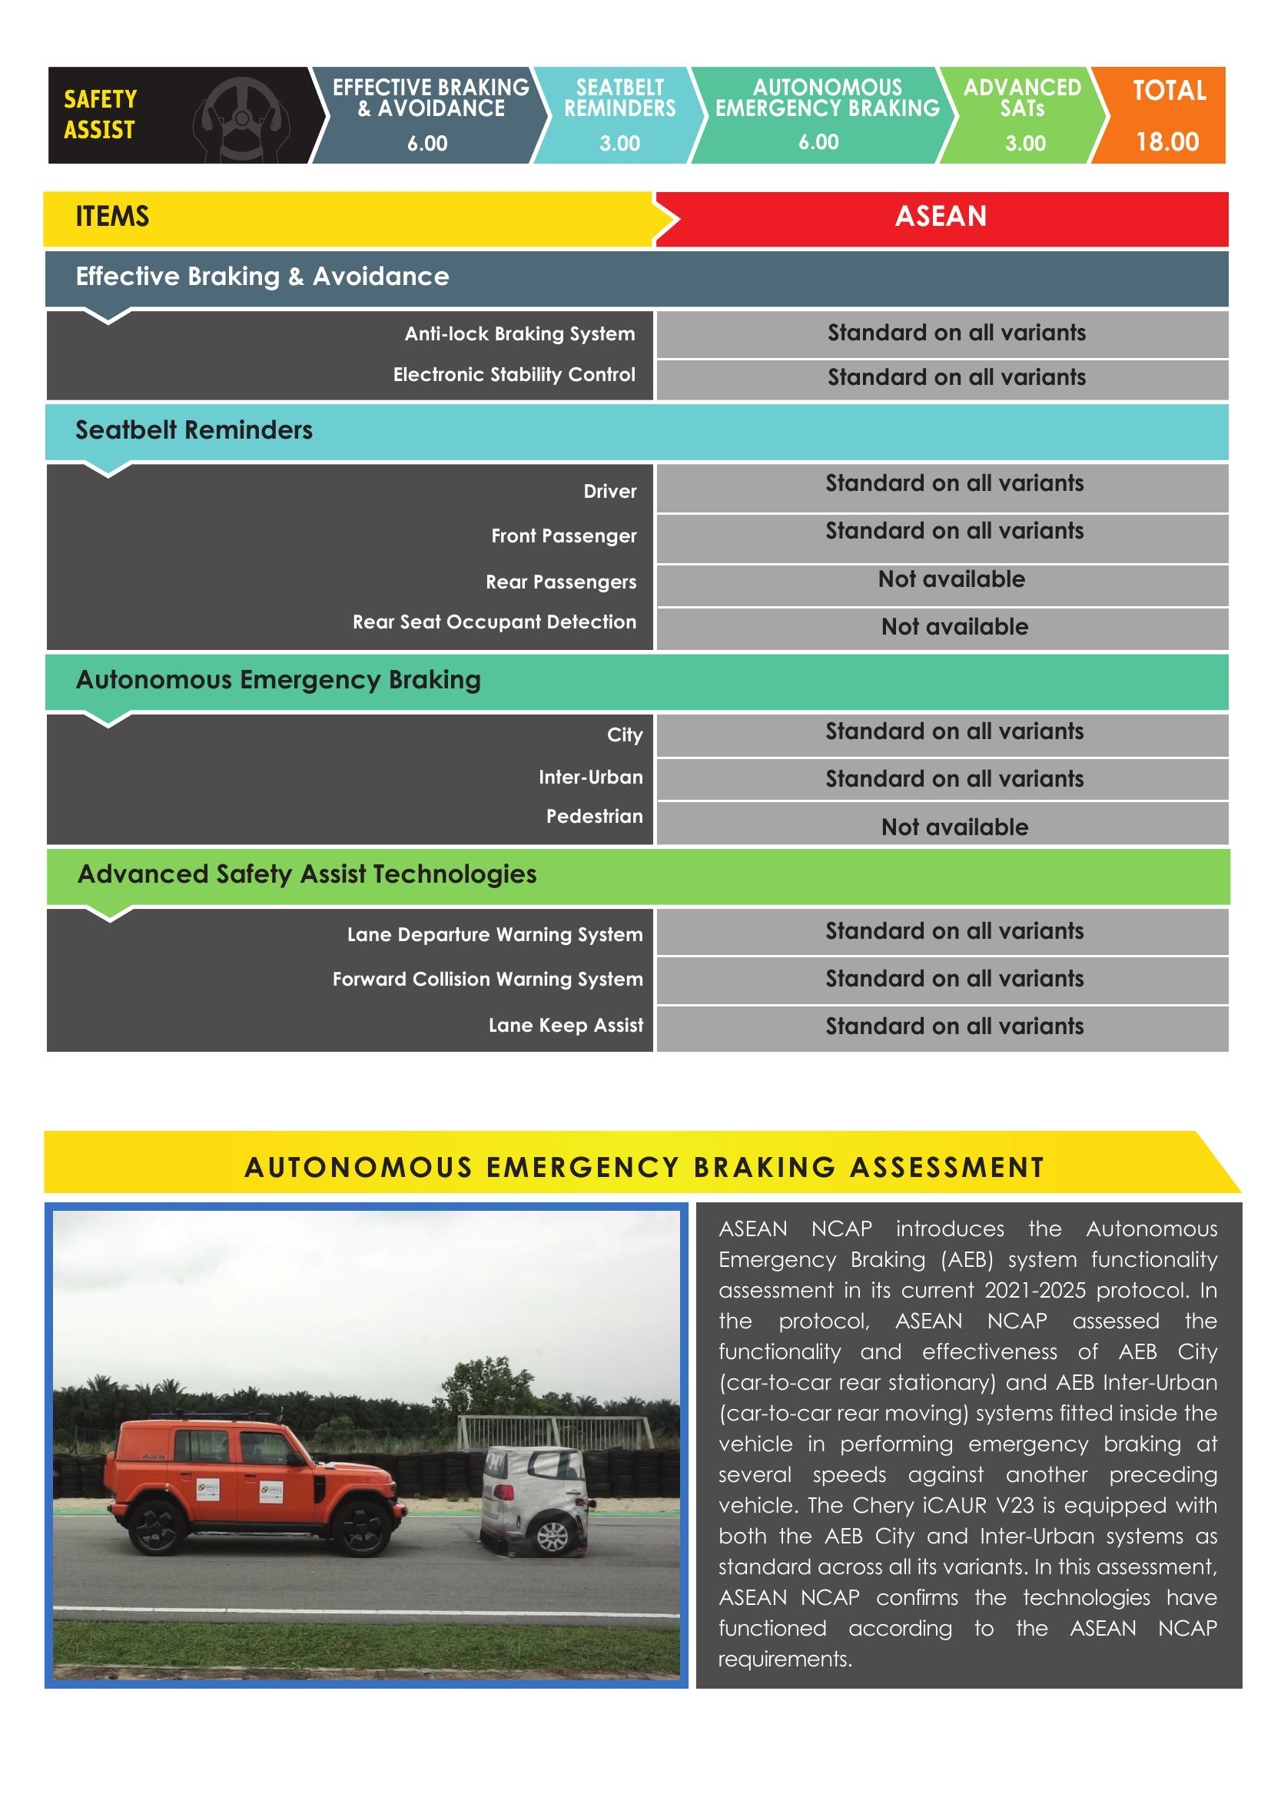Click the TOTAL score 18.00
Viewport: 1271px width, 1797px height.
(1167, 141)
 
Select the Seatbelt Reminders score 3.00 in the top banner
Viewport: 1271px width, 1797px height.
(620, 143)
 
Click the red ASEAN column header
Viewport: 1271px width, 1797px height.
(941, 217)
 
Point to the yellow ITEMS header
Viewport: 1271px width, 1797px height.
(112, 217)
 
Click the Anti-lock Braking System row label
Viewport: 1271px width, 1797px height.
(519, 334)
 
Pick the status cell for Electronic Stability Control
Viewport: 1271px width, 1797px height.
(957, 378)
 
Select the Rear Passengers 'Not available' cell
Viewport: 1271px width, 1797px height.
(951, 580)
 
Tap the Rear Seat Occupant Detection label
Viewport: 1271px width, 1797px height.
(494, 622)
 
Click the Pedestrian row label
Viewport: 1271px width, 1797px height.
(594, 817)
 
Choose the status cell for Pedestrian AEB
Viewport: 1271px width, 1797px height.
(954, 827)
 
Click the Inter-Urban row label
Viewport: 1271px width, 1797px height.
(590, 777)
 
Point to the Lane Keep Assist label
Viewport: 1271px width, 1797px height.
(565, 1026)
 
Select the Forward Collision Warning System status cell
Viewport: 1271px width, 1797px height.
(954, 979)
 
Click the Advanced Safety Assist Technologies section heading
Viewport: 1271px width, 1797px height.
(307, 874)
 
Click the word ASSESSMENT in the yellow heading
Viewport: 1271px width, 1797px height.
(947, 1168)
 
